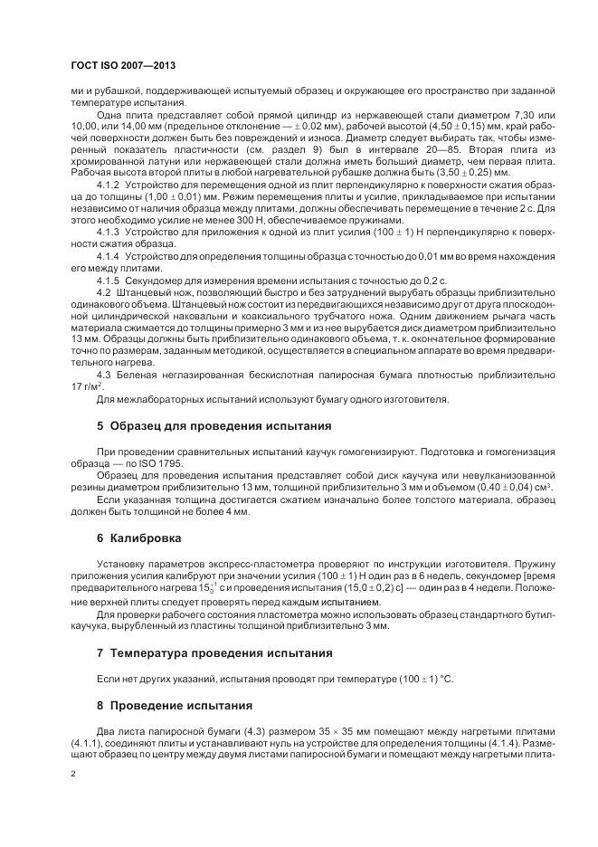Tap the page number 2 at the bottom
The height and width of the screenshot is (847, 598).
[x=74, y=774]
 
